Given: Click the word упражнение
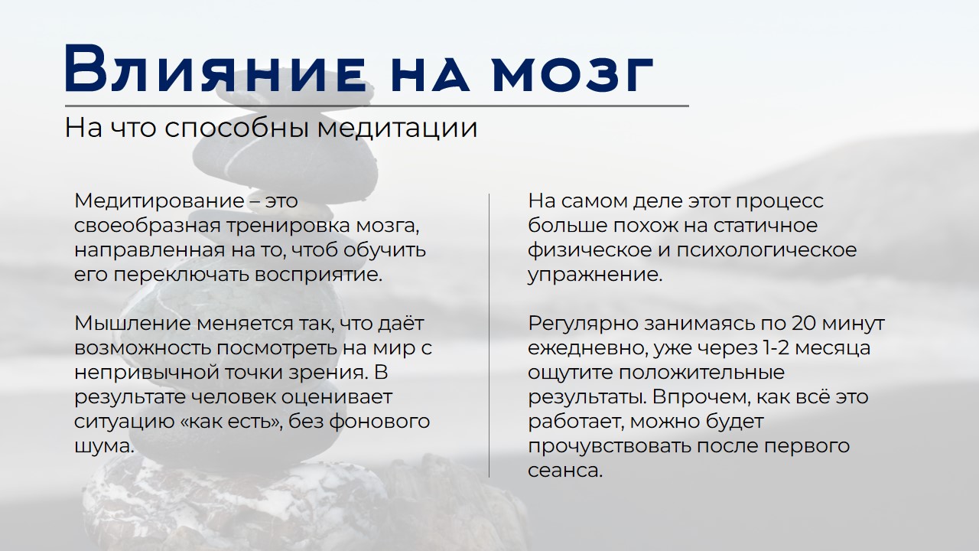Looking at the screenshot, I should point(594,275).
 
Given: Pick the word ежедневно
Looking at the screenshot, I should point(586,348).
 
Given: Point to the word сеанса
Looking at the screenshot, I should point(565,471).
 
